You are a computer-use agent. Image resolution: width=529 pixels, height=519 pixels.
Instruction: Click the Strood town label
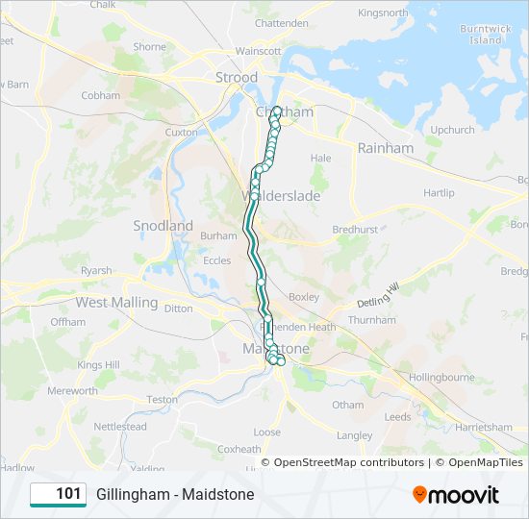pos(237,77)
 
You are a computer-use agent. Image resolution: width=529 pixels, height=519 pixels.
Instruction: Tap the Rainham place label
pos(385,148)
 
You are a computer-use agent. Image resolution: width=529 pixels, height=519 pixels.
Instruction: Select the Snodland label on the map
pos(163,226)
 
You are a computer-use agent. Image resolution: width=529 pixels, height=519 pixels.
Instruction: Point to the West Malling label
pos(116,303)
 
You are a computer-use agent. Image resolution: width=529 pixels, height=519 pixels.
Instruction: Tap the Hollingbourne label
pos(441,378)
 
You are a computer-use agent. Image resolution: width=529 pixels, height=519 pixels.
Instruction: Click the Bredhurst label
pos(355,231)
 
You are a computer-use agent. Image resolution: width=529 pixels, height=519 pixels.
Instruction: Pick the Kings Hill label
pos(98,365)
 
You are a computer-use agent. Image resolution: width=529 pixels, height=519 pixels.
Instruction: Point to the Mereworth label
pos(72,391)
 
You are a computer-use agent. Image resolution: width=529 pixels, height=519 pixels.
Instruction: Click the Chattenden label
pos(282,23)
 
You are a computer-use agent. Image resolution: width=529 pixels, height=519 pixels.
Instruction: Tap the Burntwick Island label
pos(481,35)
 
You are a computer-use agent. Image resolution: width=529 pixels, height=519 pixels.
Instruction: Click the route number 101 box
pos(59,494)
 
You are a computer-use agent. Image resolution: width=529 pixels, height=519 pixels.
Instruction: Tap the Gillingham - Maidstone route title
pos(175,494)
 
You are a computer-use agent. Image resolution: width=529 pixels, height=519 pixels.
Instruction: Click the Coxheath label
pos(239,449)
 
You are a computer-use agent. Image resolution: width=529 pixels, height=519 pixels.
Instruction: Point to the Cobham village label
pos(101,96)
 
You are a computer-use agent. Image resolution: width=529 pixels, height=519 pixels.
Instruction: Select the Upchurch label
pos(452,130)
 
